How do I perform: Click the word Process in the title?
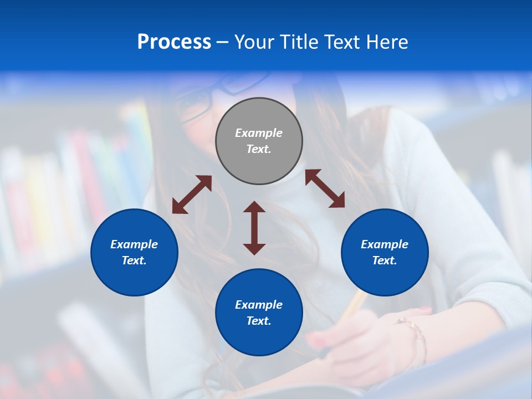pos(174,42)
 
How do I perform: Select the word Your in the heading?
pos(253,42)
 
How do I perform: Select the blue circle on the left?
pos(134,252)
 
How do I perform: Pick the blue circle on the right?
pos(385,252)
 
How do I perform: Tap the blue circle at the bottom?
pos(259,313)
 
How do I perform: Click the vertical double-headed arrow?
pos(254,228)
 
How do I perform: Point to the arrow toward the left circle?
pos(192,194)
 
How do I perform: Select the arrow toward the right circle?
pos(325,188)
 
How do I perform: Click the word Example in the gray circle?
pos(259,133)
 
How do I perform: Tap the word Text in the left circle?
pos(134,260)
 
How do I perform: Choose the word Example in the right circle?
pos(385,244)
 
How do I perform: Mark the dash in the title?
pos(223,42)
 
